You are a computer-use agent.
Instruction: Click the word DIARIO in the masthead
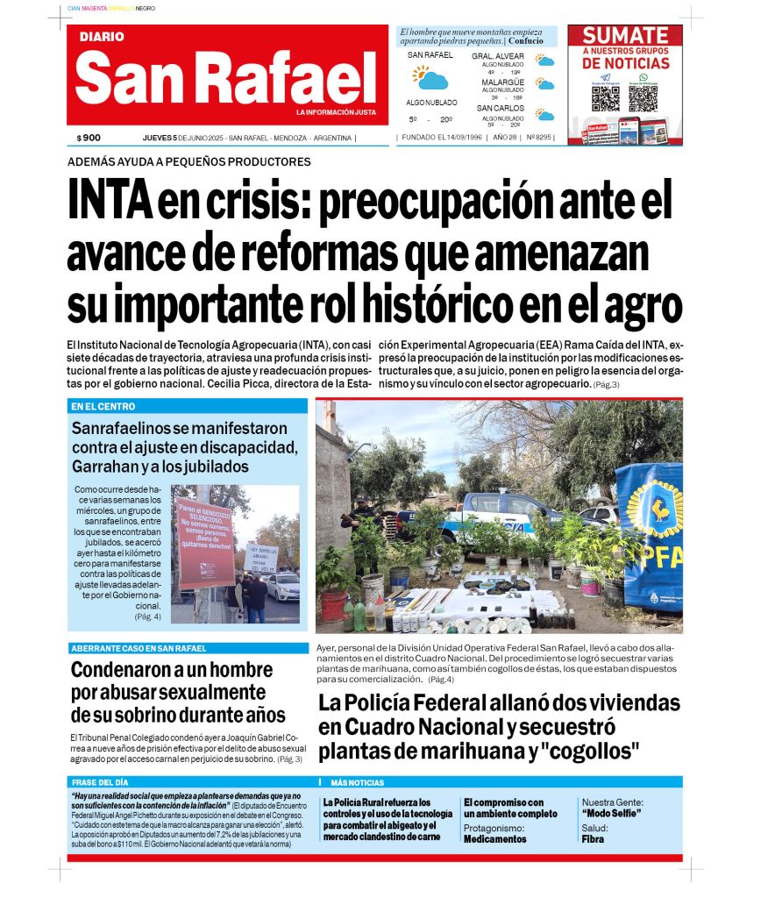pos(102,37)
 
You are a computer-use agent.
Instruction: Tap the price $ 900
pos(89,138)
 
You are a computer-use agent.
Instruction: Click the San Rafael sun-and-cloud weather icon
pos(430,78)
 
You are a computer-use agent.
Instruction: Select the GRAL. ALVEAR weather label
pos(498,56)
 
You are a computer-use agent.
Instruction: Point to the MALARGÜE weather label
pos(502,82)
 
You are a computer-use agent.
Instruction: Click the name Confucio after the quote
pos(525,41)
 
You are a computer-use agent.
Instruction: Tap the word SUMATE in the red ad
pos(625,35)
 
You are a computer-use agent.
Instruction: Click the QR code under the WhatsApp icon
pos(643,97)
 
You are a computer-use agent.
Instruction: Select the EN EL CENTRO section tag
pos(103,406)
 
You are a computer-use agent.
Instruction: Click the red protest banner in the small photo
pos(204,541)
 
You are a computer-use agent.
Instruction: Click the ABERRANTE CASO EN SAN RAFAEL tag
pos(139,648)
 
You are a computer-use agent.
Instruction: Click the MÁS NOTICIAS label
pos(357,782)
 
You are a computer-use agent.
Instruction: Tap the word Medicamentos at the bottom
pos(495,839)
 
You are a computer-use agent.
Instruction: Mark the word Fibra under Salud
pos(593,839)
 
